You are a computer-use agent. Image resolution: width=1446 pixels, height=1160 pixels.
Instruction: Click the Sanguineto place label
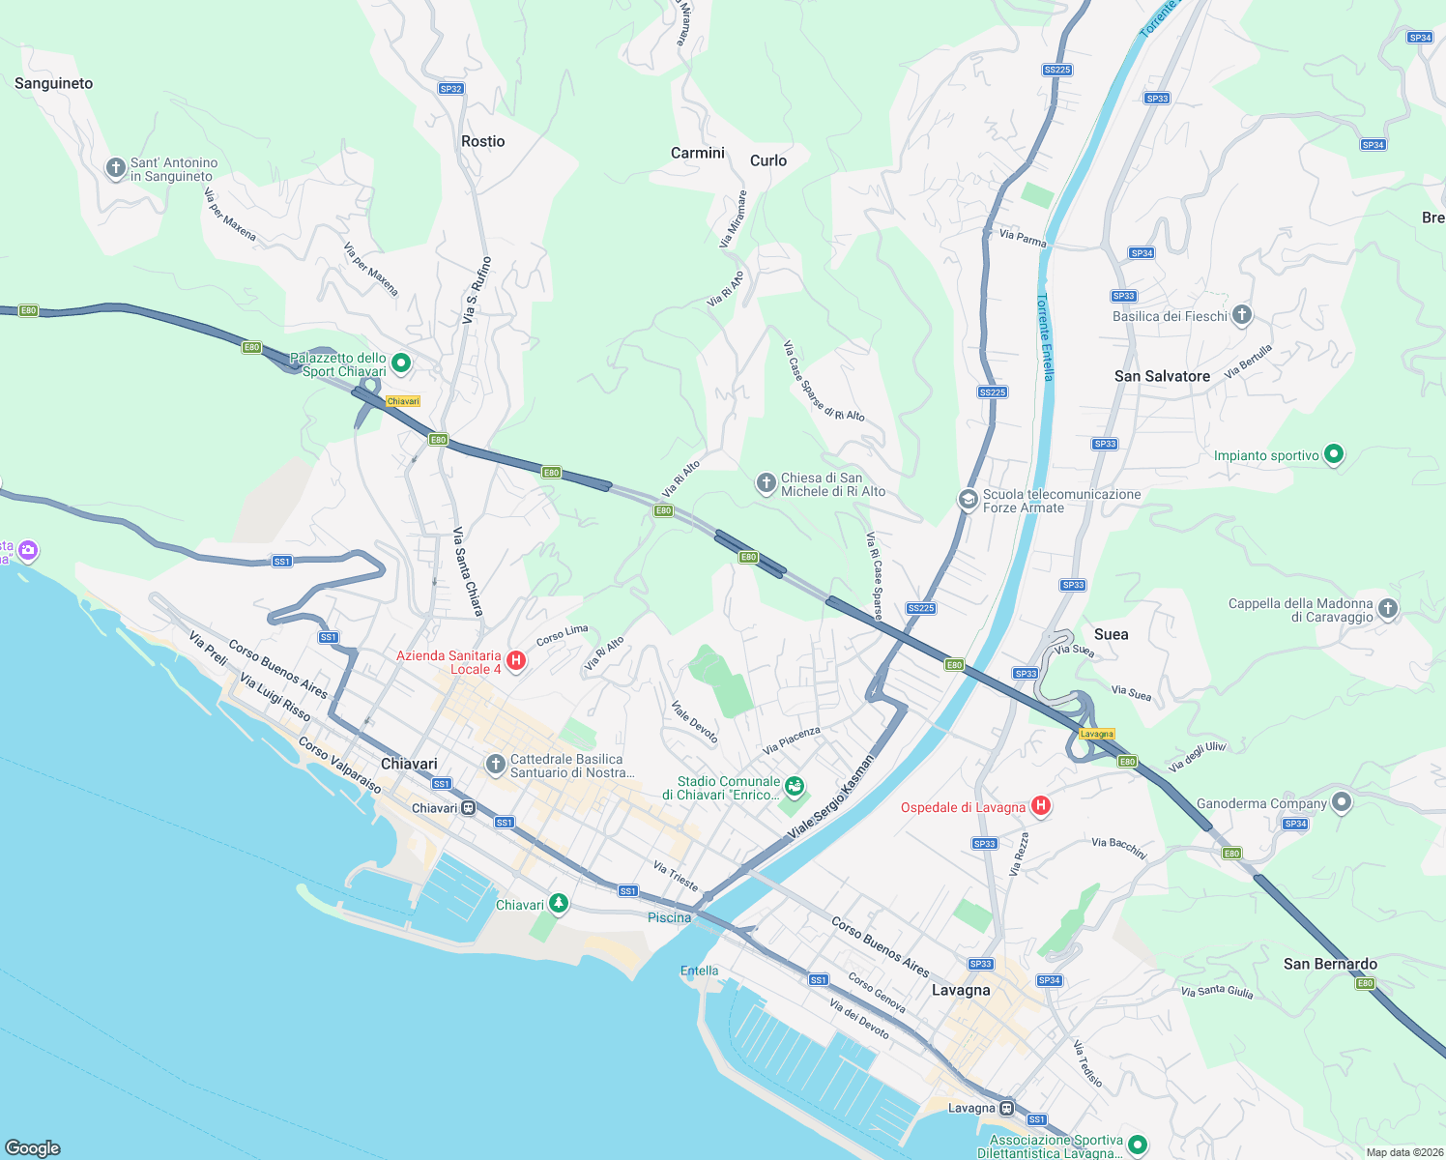pos(54,84)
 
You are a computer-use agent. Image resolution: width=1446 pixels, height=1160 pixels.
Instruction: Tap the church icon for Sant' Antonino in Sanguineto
pos(116,169)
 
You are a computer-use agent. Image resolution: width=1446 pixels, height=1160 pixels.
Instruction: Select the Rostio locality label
pos(483,142)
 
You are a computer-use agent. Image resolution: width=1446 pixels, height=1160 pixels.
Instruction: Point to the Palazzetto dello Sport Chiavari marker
pos(401,363)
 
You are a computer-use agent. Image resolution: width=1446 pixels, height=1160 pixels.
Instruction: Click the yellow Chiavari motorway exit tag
pos(403,401)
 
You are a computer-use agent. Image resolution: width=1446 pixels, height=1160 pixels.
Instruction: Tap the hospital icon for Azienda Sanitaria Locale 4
pos(516,661)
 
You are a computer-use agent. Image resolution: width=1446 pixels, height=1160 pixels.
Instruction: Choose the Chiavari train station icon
pos(469,808)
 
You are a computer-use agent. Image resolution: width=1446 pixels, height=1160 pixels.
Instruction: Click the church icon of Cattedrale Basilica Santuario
pos(495,766)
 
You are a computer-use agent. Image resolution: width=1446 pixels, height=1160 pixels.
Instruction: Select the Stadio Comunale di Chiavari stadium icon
pos(795,787)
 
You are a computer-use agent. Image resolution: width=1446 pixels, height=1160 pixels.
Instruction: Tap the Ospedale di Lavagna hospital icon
pos(1041,805)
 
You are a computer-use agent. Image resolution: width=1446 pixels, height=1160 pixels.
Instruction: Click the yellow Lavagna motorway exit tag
pos(1097,734)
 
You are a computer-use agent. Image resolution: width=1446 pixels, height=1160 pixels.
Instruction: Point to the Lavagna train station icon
pos(1007,1108)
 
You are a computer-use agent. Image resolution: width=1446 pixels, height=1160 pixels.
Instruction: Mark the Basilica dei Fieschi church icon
pos(1242,314)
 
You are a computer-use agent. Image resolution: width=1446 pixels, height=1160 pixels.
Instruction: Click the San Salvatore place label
pos(1162,377)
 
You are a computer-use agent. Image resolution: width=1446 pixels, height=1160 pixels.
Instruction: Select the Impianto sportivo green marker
pos(1334,453)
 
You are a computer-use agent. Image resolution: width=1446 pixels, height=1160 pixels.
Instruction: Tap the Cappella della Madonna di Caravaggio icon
pos(1388,608)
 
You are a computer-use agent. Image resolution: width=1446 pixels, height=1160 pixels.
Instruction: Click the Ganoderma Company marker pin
pos(1341,801)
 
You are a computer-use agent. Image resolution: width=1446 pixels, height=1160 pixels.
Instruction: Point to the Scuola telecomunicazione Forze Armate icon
pos(968,499)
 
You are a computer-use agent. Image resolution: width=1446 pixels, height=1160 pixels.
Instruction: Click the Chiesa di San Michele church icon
pos(766,482)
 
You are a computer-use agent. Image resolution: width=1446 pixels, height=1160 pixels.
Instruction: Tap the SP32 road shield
pos(450,89)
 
